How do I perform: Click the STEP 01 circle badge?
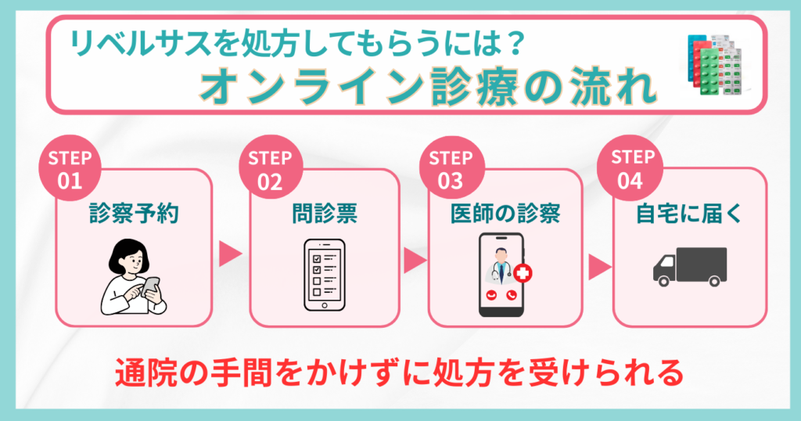70,167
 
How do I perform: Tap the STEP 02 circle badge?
271,167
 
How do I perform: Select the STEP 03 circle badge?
451,167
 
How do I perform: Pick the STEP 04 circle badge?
630,167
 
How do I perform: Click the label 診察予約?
134,214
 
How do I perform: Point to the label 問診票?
325,214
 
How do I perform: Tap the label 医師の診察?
506,214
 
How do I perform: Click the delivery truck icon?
690,267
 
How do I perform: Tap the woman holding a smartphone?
133,277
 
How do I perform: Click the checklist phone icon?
325,275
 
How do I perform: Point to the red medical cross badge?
522,273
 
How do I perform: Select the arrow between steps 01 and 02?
230,254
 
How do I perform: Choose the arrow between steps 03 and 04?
599,267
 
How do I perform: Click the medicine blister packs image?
715,64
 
